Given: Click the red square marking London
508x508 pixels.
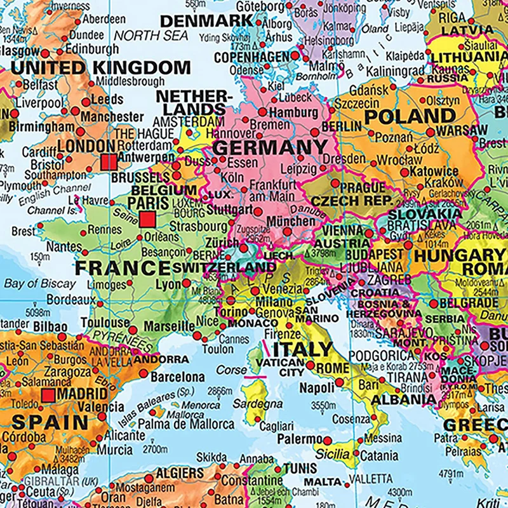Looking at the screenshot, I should click(x=109, y=162).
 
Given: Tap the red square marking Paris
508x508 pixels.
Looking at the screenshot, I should click(x=147, y=220).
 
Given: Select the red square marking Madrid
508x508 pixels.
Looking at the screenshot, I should click(x=48, y=396).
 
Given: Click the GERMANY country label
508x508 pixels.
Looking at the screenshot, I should click(x=262, y=148).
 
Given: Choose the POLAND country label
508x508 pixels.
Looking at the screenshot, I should click(x=410, y=116).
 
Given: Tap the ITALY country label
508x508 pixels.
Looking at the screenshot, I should click(x=302, y=349).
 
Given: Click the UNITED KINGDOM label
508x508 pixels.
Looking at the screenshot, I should click(x=100, y=67).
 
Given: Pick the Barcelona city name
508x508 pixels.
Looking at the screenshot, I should click(x=178, y=377).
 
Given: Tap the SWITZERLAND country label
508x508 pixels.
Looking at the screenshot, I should click(x=224, y=267).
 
